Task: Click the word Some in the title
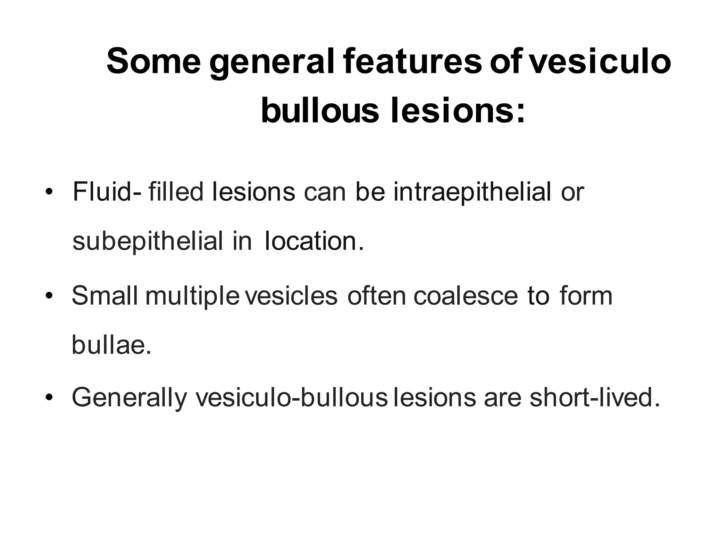point(153,62)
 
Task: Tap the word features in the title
point(412,62)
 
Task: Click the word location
point(314,241)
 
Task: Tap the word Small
point(104,295)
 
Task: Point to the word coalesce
point(466,296)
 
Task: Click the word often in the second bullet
point(376,295)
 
